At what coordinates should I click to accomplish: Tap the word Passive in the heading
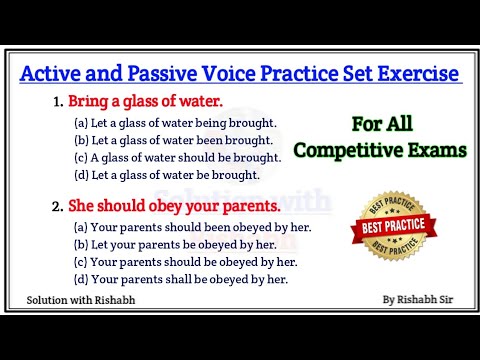pos(159,74)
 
